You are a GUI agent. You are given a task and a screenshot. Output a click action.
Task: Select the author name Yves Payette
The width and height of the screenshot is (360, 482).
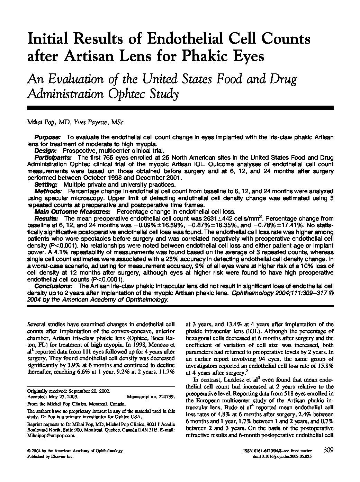(x=88, y=123)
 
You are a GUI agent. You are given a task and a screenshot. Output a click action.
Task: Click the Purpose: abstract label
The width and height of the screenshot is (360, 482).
(x=48, y=137)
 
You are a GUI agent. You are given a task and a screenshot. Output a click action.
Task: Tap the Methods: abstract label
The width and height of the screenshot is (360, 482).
(x=48, y=191)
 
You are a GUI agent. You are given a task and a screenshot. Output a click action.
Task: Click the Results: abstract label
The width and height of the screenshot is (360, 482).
(x=46, y=218)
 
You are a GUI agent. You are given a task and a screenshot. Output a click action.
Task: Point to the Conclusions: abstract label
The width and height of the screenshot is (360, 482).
(x=53, y=286)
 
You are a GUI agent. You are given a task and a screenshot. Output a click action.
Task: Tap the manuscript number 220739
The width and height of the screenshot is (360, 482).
(x=165, y=397)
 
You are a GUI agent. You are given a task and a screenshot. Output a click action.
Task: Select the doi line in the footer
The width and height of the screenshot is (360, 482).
(x=282, y=457)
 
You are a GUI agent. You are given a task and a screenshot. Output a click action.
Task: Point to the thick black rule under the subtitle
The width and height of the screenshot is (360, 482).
(x=180, y=108)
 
